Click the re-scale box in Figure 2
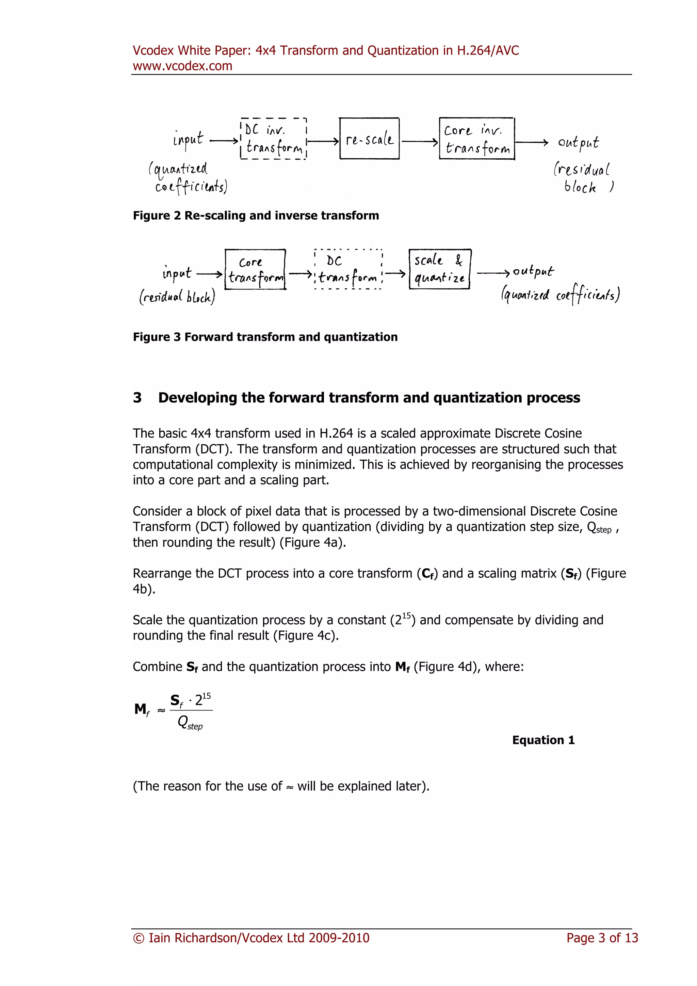369,139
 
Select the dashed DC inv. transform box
273,139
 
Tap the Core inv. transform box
477,139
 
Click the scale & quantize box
439,269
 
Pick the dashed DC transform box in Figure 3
348,269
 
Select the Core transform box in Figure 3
255,269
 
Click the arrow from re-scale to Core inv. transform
419,141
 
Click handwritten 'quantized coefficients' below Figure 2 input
188,177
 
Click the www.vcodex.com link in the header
182,66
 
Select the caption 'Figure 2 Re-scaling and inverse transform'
256,216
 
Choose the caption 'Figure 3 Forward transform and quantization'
265,337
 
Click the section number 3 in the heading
137,398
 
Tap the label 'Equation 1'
543,740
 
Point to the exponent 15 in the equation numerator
207,696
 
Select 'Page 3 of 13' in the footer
602,938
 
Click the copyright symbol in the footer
139,938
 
